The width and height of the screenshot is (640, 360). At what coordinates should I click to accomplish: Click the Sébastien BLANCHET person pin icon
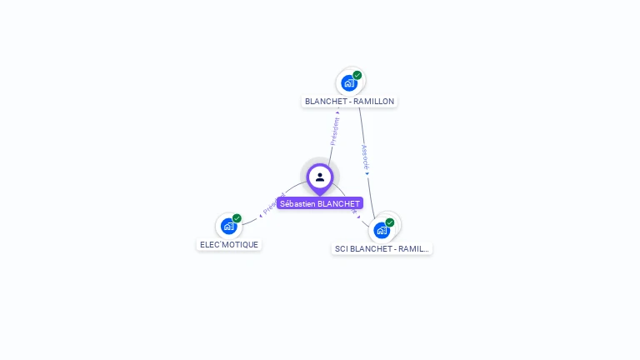pos(320,177)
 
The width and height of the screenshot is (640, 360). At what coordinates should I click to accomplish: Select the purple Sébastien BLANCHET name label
pos(320,203)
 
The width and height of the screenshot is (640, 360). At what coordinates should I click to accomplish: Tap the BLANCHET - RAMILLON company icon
pos(349,82)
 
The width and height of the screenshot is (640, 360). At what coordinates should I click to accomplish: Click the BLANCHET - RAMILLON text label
pos(349,101)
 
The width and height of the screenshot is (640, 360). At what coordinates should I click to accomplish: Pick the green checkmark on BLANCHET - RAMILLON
pos(357,75)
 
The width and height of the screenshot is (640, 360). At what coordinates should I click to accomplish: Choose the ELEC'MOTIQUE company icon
pos(228,226)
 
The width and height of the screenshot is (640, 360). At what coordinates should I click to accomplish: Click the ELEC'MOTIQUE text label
pos(229,245)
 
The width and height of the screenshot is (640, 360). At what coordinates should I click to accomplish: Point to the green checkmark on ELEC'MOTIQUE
pos(237,218)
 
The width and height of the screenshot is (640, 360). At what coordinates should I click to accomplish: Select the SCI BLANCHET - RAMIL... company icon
pos(382,230)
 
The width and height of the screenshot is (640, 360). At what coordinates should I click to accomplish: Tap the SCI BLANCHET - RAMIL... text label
pos(382,248)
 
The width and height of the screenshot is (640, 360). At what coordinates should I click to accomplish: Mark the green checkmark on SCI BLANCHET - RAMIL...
pos(390,222)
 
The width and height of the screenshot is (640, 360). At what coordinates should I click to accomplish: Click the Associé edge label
pos(365,157)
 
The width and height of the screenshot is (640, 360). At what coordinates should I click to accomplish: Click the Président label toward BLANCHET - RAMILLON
pos(335,131)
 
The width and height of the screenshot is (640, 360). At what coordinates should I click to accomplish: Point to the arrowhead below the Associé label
pos(367,173)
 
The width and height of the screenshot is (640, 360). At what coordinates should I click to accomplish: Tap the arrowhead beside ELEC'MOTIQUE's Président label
pos(261,214)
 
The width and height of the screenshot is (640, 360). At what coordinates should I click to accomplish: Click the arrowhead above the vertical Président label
pos(337,112)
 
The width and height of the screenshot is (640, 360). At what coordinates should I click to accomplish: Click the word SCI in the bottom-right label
pos(341,248)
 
